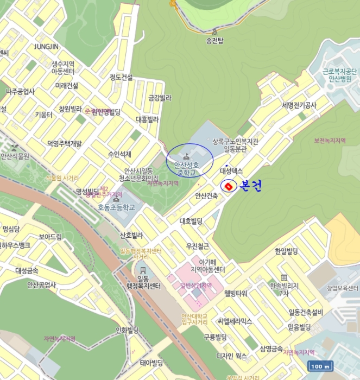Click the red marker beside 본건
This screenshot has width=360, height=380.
pos(228,186)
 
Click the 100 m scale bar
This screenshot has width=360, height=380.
pos(320,366)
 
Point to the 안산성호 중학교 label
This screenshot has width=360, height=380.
pos(186,168)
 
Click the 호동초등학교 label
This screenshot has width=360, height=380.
pos(116,207)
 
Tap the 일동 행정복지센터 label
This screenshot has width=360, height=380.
pos(143,282)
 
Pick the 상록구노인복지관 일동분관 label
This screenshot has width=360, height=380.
pos(236,145)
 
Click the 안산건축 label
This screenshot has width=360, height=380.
pos(206,196)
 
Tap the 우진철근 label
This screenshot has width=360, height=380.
pos(197,246)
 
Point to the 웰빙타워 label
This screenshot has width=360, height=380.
pos(236,293)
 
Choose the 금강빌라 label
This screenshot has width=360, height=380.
pos(160,98)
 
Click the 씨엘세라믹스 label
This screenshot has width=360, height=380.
pos(235,321)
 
